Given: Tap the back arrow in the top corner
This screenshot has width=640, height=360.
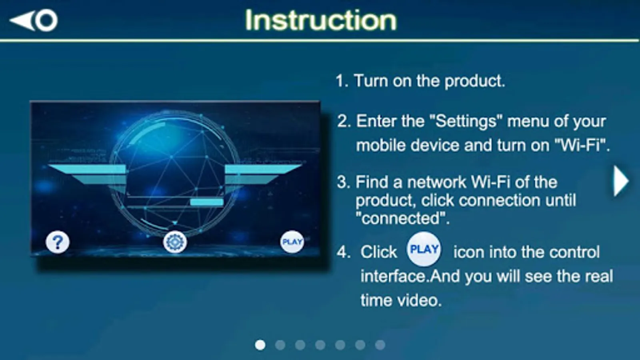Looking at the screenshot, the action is [34, 20].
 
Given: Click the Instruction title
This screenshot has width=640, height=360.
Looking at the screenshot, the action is [321, 20].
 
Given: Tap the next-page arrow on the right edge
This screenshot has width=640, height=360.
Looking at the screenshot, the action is [621, 181].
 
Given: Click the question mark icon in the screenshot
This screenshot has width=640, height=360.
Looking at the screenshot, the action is [58, 242].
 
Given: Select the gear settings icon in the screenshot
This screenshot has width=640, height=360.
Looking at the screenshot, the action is [175, 242].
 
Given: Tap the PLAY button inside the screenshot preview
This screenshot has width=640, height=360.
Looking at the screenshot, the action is [292, 242].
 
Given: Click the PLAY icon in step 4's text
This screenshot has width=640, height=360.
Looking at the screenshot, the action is [424, 249].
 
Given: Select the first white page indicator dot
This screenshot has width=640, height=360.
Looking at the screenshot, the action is [260, 345].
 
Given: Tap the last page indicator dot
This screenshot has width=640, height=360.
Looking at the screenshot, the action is [380, 345].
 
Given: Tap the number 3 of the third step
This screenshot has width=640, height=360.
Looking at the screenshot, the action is [342, 182].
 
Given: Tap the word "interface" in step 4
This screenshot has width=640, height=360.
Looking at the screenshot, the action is [395, 276].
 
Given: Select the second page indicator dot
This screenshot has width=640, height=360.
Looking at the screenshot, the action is [280, 345].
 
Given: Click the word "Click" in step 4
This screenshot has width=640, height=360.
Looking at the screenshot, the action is [378, 252].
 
